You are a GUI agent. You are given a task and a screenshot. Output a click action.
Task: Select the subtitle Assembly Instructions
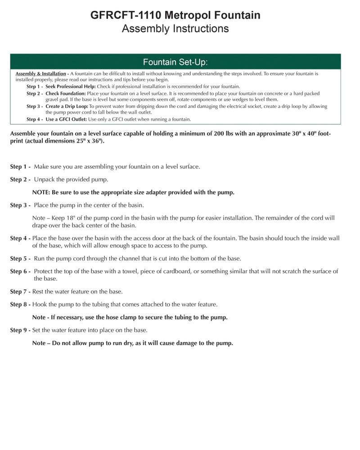(x=175, y=29)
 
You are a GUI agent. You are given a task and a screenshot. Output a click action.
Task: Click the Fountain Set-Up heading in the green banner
(x=175, y=62)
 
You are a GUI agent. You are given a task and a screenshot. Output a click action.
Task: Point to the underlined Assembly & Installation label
(x=41, y=73)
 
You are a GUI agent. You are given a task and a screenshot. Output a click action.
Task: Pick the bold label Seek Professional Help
(x=71, y=86)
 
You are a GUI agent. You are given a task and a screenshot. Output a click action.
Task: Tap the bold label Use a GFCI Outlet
(x=66, y=119)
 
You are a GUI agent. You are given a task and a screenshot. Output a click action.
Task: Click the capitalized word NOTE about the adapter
(x=41, y=192)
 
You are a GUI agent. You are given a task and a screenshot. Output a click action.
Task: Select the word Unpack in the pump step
(x=43, y=179)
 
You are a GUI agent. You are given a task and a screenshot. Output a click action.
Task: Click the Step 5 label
(x=20, y=258)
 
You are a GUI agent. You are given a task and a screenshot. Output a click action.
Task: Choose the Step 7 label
(x=20, y=292)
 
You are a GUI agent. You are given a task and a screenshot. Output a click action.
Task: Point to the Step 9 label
(x=20, y=330)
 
